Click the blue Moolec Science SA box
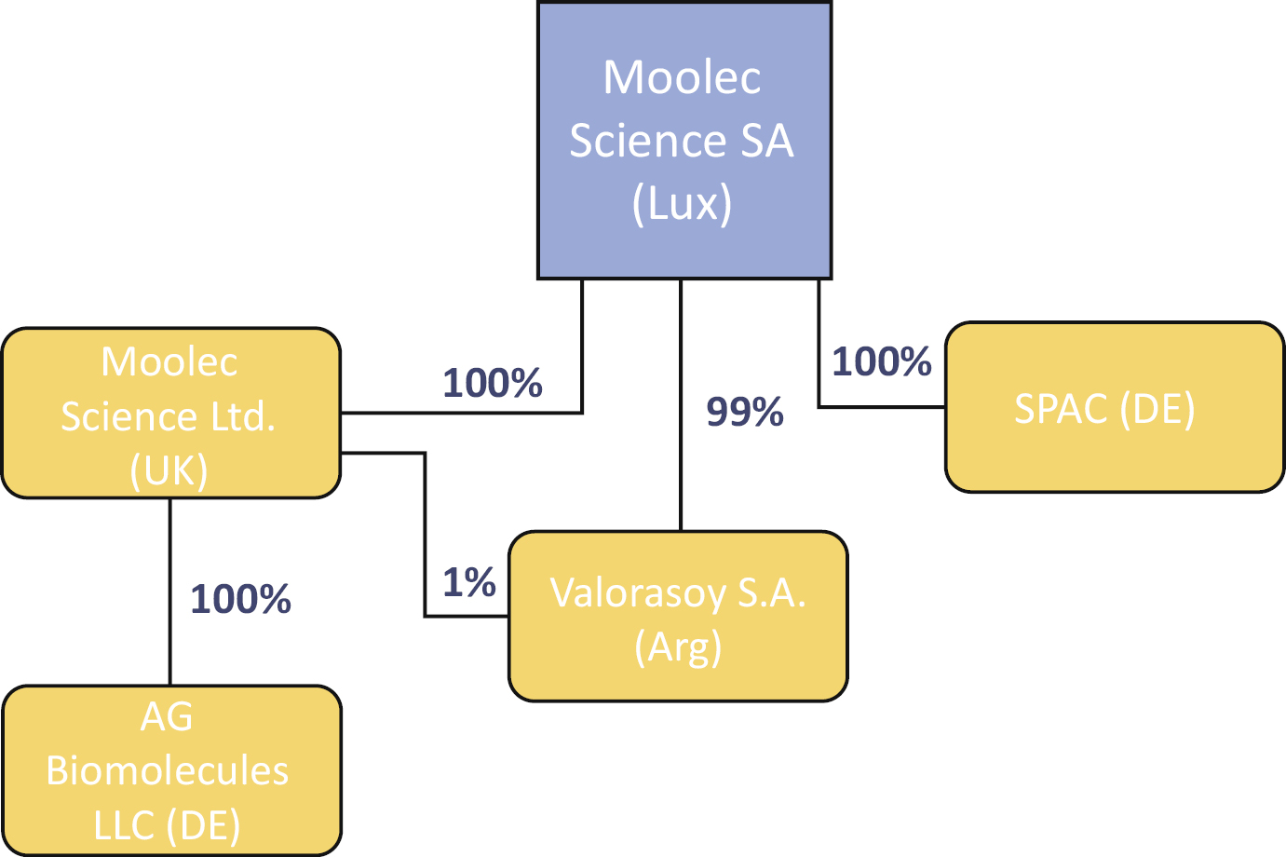(x=684, y=140)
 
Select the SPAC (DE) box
(x=1115, y=407)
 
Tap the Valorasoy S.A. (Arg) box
(x=678, y=616)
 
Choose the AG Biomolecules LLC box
(x=171, y=770)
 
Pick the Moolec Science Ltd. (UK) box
(x=171, y=413)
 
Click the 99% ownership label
(x=745, y=412)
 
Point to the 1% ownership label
(x=468, y=583)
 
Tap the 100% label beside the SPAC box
(x=881, y=361)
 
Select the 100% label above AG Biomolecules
(x=240, y=599)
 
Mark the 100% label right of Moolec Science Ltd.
(x=493, y=383)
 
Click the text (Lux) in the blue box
(x=682, y=203)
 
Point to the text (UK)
(x=169, y=470)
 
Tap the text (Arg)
(x=678, y=646)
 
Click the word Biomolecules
(x=168, y=771)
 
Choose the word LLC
(x=124, y=825)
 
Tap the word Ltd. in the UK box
(x=243, y=416)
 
